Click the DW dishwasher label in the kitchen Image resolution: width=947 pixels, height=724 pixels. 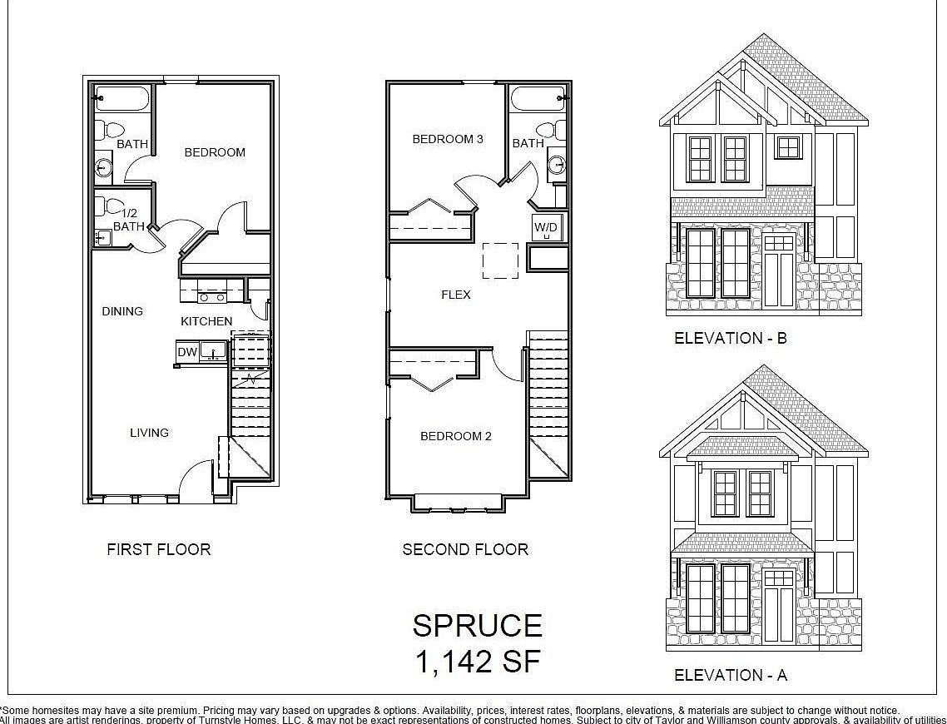point(186,353)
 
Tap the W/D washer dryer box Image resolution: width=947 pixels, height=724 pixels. point(546,227)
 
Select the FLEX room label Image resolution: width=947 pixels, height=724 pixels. point(456,295)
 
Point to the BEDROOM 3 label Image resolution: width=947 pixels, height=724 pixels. point(448,139)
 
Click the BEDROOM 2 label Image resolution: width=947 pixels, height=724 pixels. point(456,436)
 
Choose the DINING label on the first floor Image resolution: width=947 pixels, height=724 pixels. point(122,311)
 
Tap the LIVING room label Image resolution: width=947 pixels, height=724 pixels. point(149,433)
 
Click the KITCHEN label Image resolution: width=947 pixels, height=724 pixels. point(207,321)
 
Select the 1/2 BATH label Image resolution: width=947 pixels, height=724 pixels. point(129,220)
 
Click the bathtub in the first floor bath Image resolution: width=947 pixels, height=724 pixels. point(121,98)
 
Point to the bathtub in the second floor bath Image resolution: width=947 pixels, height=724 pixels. point(538,98)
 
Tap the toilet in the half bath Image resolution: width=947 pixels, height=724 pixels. point(109,206)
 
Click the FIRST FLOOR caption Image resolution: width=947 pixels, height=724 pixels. point(159,549)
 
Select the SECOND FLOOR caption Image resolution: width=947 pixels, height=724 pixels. point(465,549)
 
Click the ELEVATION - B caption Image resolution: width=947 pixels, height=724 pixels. point(731,338)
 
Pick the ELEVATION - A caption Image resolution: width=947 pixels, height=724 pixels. point(731,675)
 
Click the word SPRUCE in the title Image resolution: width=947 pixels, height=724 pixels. point(478,626)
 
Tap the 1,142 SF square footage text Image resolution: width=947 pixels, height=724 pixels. point(478,662)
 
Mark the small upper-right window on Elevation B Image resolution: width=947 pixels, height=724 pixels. point(787,147)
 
